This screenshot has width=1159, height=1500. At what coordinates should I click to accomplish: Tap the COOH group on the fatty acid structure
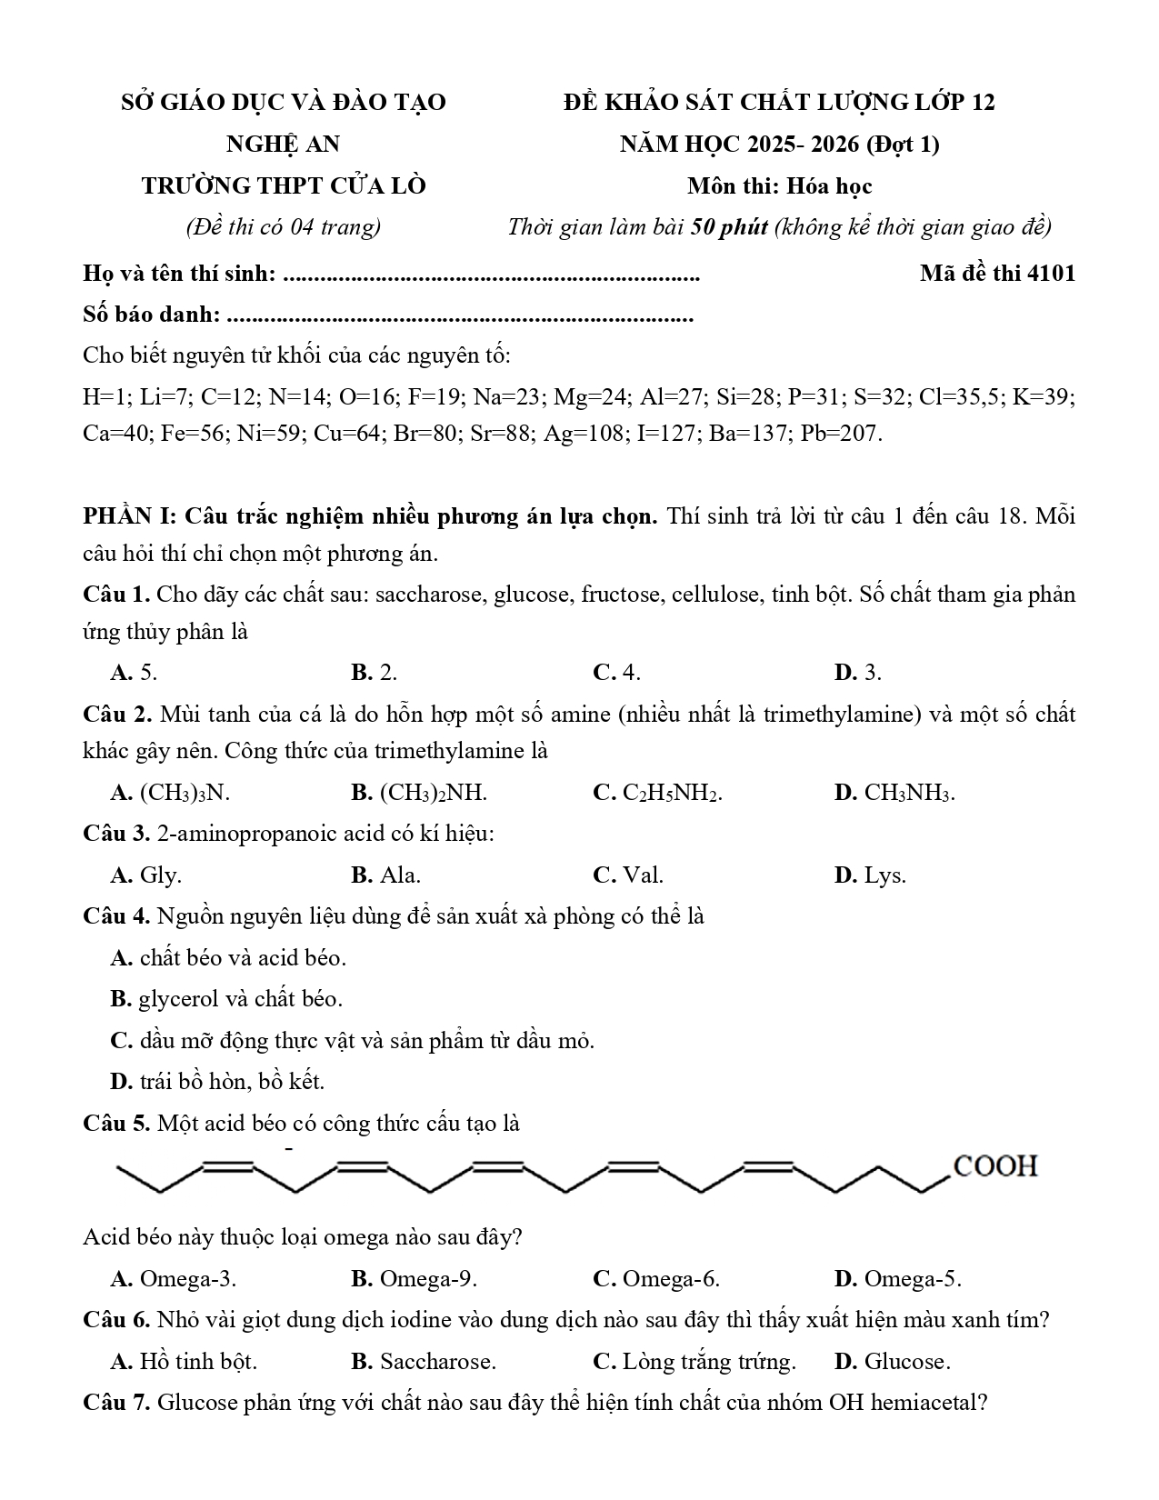pos(994,1166)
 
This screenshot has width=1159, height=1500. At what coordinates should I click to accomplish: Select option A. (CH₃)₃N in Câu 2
pos(170,793)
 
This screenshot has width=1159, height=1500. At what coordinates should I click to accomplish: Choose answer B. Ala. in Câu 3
pos(386,875)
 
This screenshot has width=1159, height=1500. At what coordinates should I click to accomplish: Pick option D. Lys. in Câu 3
pos(870,875)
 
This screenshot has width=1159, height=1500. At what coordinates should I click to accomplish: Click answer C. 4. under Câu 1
pos(616,673)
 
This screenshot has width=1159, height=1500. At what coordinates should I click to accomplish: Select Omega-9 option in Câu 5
pos(415,1279)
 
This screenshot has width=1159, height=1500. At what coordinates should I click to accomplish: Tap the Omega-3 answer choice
pos(174,1279)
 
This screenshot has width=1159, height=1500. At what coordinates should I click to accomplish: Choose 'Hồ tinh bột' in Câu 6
pos(185,1362)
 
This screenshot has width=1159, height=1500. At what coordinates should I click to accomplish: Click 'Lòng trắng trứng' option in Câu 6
pos(694,1362)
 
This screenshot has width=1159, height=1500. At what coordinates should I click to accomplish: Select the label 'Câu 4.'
pos(116,915)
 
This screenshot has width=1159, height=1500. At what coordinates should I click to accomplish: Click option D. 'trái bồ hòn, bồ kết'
pos(217,1082)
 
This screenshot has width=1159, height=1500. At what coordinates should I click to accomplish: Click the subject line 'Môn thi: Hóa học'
pos(779,186)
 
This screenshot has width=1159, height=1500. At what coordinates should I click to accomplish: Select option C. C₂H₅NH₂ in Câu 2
pos(657,793)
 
